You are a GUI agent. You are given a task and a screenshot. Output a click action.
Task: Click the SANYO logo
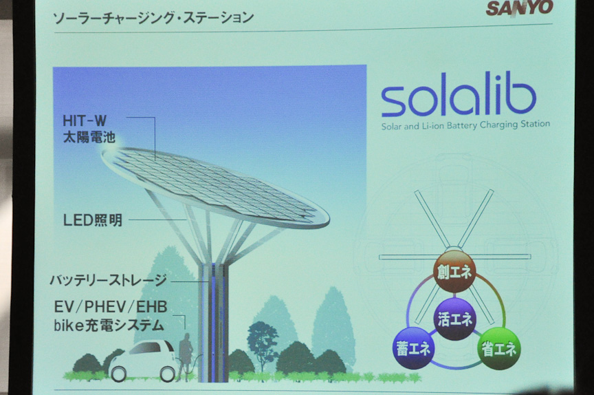519,8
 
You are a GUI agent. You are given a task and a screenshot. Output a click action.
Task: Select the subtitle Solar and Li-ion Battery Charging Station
465,125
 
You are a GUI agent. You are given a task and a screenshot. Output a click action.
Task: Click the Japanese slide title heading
153,18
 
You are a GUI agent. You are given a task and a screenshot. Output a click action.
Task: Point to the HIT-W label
85,121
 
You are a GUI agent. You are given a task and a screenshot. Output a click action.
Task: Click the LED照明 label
93,220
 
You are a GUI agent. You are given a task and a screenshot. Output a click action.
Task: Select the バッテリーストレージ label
109,280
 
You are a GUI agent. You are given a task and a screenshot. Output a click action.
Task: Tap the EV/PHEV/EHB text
111,307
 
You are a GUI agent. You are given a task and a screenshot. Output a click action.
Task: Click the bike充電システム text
109,325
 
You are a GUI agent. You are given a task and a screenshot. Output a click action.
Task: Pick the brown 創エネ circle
454,271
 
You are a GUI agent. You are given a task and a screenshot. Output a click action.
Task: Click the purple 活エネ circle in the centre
455,319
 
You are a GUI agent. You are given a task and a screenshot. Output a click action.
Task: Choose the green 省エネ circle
499,349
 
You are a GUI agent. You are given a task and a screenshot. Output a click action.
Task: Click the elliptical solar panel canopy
215,188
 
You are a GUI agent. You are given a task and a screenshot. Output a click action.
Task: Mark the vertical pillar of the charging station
213,322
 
